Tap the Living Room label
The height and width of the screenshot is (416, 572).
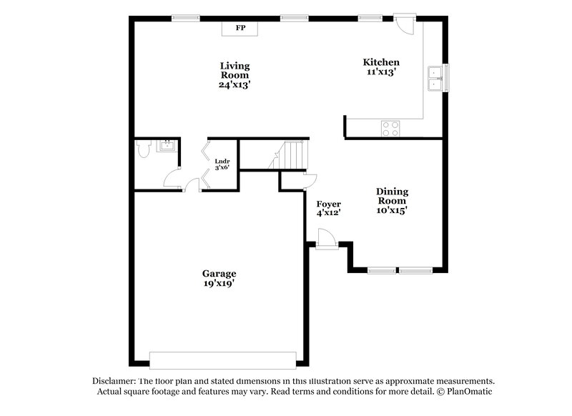(x=235, y=75)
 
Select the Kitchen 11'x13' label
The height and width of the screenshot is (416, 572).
(x=380, y=67)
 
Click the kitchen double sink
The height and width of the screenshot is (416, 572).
(x=434, y=78)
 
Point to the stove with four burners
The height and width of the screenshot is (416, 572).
(x=390, y=128)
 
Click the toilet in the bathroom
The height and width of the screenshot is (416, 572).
(x=142, y=150)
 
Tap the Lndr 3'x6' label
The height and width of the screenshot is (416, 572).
(x=222, y=164)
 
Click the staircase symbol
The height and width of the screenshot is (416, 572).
(x=290, y=155)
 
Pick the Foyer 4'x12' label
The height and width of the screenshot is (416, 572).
(x=328, y=208)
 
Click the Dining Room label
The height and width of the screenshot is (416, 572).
(x=392, y=200)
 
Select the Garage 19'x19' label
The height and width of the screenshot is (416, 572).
(x=219, y=278)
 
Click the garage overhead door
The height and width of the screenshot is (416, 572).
(x=222, y=360)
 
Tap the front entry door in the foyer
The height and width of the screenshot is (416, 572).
(x=325, y=238)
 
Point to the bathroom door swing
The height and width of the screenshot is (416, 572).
(x=172, y=179)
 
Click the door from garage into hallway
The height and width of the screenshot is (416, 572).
(x=192, y=186)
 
